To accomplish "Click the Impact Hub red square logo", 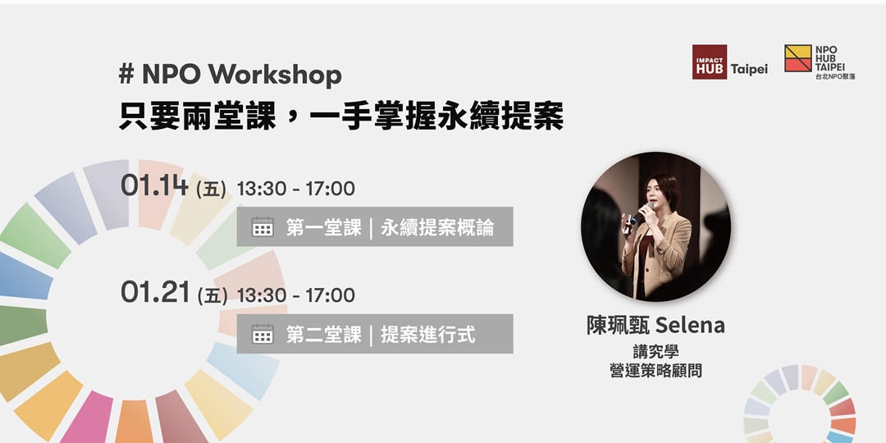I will point(710,62).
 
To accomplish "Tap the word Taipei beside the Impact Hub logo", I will point(749,69).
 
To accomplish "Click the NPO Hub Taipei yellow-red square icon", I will point(798,58).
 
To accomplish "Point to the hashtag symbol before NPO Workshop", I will point(126,75).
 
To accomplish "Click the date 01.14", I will point(154,186).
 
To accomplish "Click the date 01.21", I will point(154,293).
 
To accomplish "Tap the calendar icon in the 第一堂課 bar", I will point(263,227).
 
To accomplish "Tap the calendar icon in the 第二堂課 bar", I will point(263,334).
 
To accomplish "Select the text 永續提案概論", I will point(437,227).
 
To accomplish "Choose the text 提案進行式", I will point(427,334).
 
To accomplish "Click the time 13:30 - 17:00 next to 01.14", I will point(295,189).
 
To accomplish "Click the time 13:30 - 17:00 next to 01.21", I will point(295,295).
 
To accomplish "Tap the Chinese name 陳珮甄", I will point(617,326).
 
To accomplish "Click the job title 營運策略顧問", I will point(655,370).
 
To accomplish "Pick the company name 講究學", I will point(655,351).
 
